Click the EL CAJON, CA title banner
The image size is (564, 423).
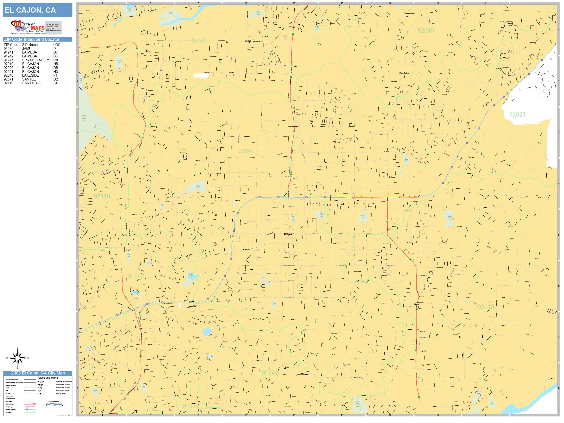(37, 10)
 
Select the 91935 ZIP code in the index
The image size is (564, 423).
(8, 49)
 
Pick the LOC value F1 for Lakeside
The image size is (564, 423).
(55, 76)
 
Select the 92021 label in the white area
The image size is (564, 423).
(517, 114)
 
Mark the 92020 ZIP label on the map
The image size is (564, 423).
(245, 151)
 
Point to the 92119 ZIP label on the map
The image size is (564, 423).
(102, 196)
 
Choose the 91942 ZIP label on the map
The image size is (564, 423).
(136, 276)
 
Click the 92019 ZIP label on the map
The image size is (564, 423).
(486, 307)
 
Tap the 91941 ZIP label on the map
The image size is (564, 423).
(270, 373)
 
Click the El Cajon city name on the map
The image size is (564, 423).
(288, 234)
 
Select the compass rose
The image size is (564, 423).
(17, 358)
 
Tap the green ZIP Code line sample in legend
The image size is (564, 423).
(30, 393)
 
